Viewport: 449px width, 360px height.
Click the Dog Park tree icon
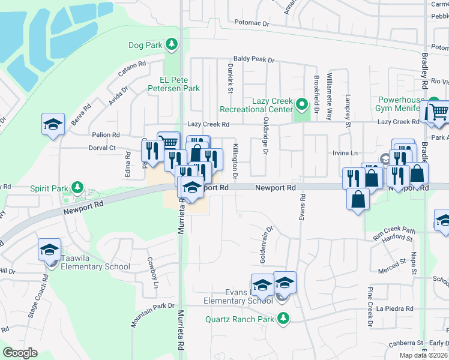tap(172, 44)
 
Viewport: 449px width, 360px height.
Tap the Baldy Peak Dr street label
tap(254, 60)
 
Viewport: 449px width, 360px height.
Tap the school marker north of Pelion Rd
tap(53, 125)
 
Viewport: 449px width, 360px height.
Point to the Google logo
tap(20, 353)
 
